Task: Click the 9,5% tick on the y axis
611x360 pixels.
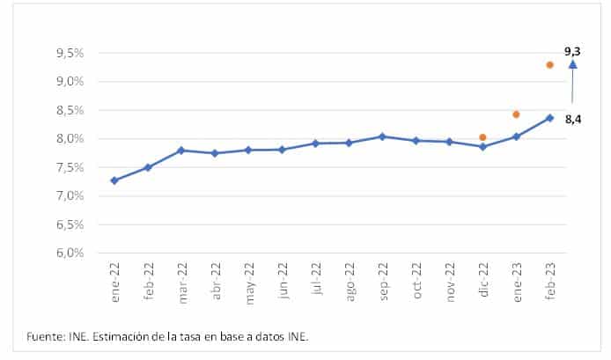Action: pyautogui.click(x=70, y=53)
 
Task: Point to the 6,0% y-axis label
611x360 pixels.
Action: pyautogui.click(x=70, y=253)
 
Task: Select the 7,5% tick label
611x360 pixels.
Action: pyautogui.click(x=70, y=167)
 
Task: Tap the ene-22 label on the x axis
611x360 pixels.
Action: pyautogui.click(x=115, y=283)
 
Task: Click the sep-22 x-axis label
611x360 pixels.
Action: pyautogui.click(x=382, y=283)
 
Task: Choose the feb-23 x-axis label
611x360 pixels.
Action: pyautogui.click(x=549, y=283)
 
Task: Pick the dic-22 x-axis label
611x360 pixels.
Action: pyautogui.click(x=482, y=283)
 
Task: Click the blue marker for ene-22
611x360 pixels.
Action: pyautogui.click(x=114, y=180)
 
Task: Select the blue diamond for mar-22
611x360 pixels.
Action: pyautogui.click(x=181, y=151)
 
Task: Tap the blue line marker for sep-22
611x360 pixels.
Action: pyautogui.click(x=382, y=136)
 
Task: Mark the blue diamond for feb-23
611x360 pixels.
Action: pyautogui.click(x=549, y=118)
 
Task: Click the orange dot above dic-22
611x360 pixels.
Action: pyautogui.click(x=482, y=137)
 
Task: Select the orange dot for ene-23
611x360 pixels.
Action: pyautogui.click(x=516, y=114)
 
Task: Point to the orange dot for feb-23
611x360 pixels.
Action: pyautogui.click(x=549, y=65)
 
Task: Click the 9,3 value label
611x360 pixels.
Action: pyautogui.click(x=572, y=52)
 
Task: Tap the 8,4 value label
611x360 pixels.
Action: pyautogui.click(x=573, y=118)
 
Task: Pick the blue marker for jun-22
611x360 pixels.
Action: pyautogui.click(x=282, y=150)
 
